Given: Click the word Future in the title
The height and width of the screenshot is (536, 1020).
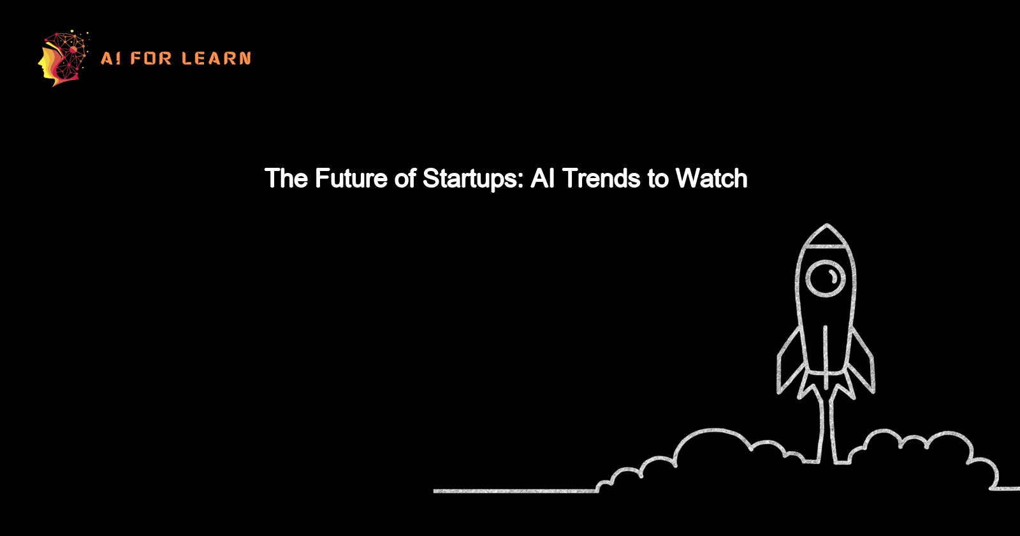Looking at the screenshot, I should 351,178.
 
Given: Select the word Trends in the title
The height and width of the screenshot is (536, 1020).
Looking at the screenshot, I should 602,178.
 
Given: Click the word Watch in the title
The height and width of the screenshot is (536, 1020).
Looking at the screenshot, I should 711,178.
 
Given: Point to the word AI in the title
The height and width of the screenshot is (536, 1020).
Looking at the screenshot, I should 542,178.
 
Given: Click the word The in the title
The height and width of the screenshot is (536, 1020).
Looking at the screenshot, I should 286,178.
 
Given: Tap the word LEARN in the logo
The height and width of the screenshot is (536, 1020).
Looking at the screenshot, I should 216,59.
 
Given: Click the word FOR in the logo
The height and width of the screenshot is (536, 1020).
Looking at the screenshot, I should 151,59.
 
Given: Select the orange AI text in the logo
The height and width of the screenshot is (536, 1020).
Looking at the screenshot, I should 110,59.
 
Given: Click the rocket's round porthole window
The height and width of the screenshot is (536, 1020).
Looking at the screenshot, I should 826,278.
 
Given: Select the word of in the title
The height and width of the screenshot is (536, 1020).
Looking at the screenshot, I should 405,178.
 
